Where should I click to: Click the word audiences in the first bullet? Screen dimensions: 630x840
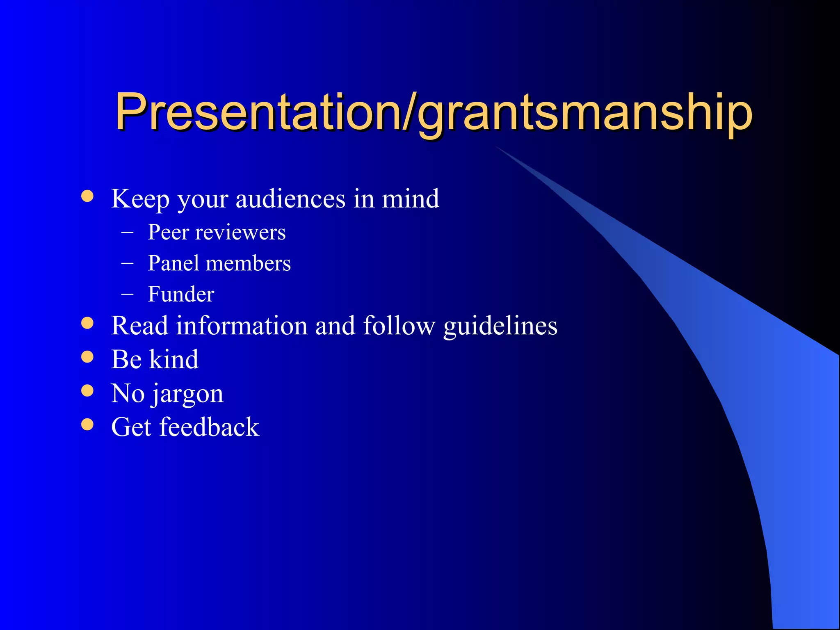(290, 199)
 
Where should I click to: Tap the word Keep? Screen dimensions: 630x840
(140, 199)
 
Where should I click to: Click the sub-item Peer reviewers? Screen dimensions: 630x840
(216, 233)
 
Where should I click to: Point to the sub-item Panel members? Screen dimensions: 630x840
(219, 263)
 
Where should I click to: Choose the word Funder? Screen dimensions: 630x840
(181, 294)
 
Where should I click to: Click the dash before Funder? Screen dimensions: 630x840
(128, 294)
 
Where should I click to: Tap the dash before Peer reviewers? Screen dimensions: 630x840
(128, 232)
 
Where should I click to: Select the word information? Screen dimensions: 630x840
(242, 326)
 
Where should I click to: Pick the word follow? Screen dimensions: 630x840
(399, 326)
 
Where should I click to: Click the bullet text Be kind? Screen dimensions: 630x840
(155, 360)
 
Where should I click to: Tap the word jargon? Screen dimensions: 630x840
(187, 394)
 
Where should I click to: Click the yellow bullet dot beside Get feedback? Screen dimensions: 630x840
(87, 424)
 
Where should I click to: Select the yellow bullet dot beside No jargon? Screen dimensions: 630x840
(87, 390)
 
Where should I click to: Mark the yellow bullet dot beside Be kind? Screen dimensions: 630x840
(87, 357)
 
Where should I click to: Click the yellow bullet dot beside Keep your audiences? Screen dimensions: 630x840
(87, 196)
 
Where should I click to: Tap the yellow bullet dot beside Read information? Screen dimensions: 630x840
(87, 323)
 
